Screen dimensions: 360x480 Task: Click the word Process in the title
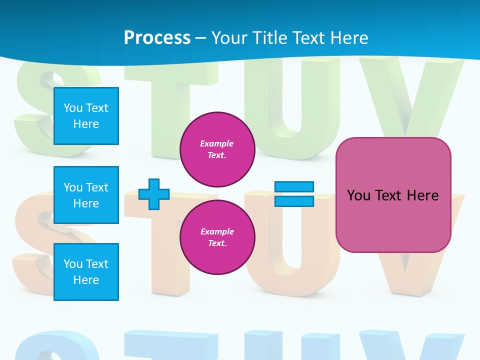[157, 38]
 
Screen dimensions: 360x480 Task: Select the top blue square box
[86, 116]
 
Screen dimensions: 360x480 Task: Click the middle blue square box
[86, 195]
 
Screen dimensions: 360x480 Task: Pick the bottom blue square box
[86, 272]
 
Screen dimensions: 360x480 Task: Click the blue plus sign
[154, 194]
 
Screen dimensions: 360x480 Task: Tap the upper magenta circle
[217, 149]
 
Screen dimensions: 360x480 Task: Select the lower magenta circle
[217, 237]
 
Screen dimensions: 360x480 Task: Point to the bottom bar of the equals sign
[294, 201]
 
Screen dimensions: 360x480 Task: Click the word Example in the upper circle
[216, 144]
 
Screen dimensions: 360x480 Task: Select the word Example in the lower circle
[217, 232]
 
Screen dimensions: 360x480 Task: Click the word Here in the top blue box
[86, 124]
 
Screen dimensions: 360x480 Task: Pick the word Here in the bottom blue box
[86, 280]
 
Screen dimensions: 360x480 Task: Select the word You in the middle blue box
[72, 187]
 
